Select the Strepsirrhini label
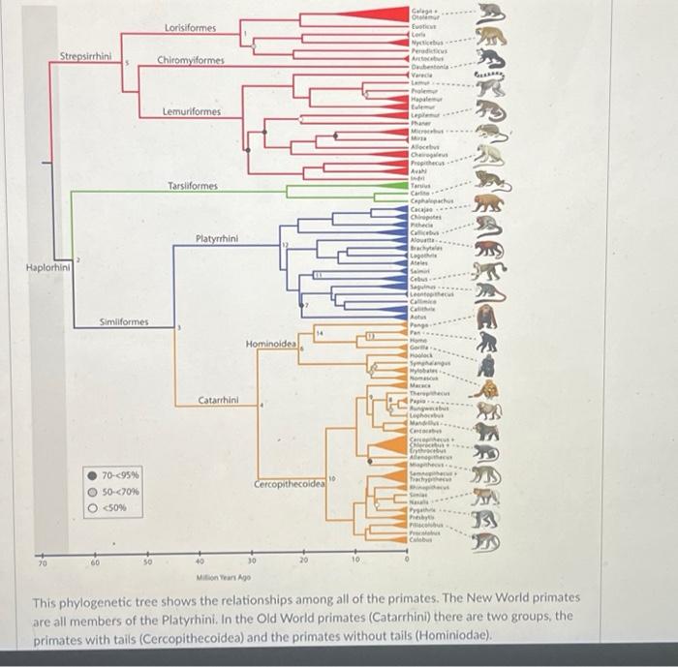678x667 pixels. pos(86,55)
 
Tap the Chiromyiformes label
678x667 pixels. pos(191,60)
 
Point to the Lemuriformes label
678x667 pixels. pos(192,112)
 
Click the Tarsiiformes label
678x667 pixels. pos(192,185)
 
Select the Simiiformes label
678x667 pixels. pos(124,320)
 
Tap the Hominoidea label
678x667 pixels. pos(270,344)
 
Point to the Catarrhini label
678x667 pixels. pos(221,400)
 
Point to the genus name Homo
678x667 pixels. pos(418,339)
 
